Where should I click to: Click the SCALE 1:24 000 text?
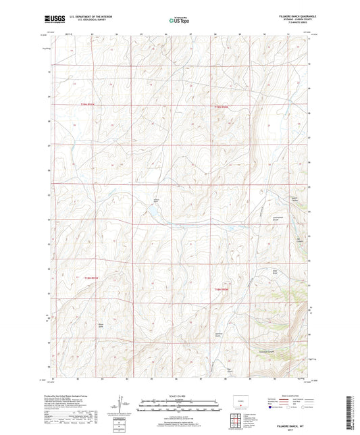[x=180, y=395]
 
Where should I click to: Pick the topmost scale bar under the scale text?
[x=180, y=401]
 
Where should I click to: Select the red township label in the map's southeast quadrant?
[x=223, y=289]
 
